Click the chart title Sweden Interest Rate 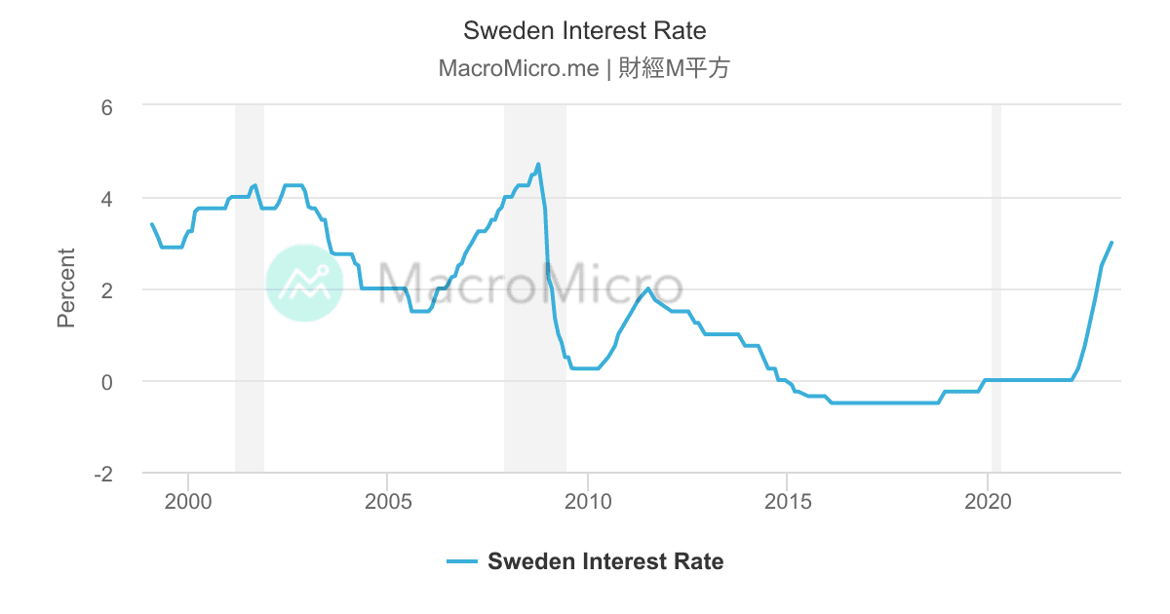584,30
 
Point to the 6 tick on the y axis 108,106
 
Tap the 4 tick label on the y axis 108,199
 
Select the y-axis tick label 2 108,290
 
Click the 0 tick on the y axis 108,382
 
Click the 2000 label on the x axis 188,503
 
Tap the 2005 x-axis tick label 388,503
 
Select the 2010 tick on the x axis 588,503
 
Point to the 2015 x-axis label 788,503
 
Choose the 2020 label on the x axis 988,503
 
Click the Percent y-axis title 66,288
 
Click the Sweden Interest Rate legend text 605,561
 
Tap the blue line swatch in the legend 462,561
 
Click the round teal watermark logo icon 304,283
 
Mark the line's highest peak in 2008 538,164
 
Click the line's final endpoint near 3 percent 1111,243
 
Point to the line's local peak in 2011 647,288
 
